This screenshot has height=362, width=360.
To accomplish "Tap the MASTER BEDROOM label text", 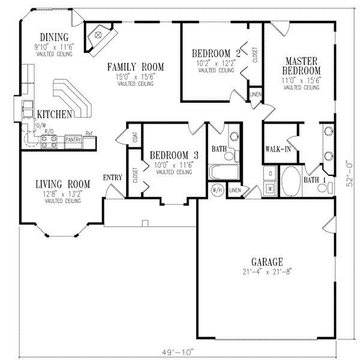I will (301, 66).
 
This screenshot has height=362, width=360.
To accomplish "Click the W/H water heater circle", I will (217, 191).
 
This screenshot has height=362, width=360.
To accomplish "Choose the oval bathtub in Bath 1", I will (292, 180).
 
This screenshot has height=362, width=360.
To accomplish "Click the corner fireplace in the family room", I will (98, 37).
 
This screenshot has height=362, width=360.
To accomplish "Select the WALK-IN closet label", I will (277, 149).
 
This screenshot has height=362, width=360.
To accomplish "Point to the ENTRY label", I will (113, 177).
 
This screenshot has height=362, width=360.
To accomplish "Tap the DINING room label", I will (53, 37).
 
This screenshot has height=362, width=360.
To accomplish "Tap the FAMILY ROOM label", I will (136, 66).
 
